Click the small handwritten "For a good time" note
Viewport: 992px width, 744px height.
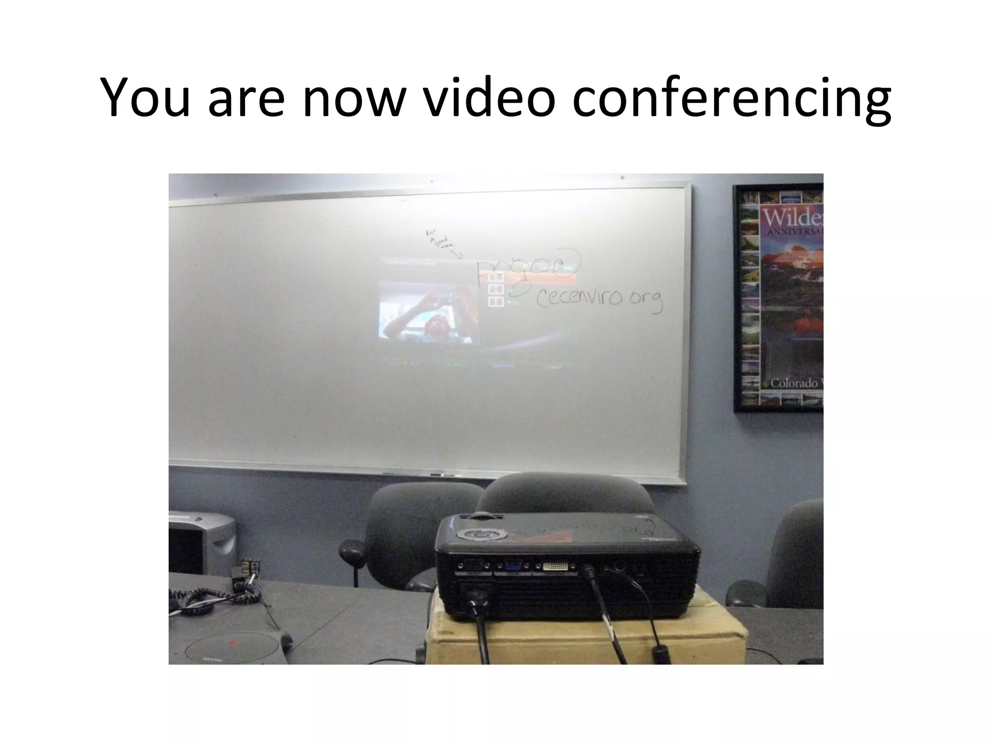click(x=441, y=240)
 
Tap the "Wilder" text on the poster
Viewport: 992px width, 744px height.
click(x=792, y=218)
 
